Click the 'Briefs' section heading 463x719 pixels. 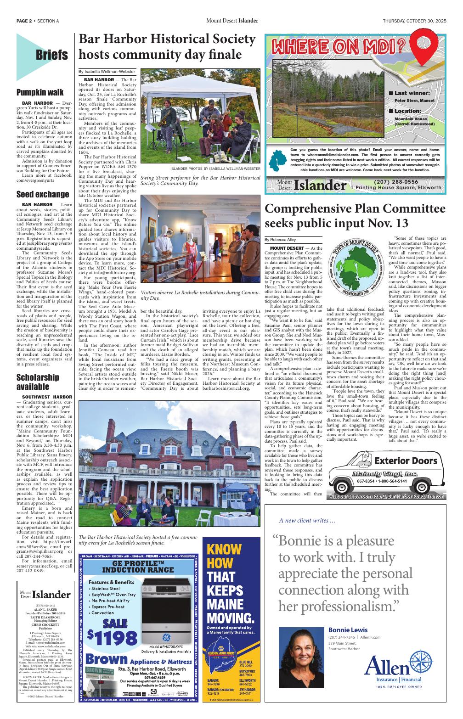pyautogui.click(x=52, y=55)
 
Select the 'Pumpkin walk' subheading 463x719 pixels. pyautogui.click(x=40, y=92)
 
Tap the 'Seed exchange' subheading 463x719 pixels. pyautogui.click(x=43, y=194)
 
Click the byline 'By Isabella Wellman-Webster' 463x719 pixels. pyautogui.click(x=107, y=72)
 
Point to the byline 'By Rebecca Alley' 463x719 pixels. pyautogui.click(x=280, y=240)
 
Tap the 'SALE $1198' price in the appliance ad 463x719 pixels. pyautogui.click(x=113, y=631)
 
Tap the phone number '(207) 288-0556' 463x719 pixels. pyautogui.click(x=396, y=182)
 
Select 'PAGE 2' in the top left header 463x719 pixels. pyautogui.click(x=24, y=21)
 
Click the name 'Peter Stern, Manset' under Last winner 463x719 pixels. pyautogui.click(x=414, y=100)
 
